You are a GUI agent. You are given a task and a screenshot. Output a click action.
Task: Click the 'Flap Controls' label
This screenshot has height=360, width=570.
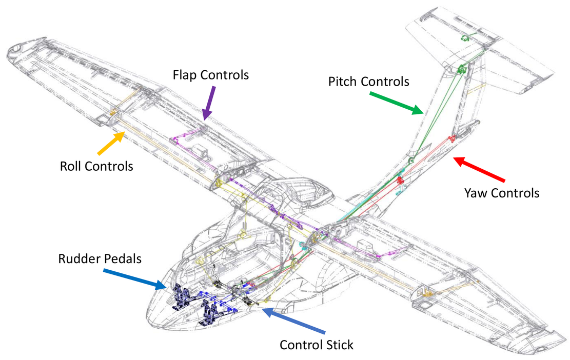click(210, 75)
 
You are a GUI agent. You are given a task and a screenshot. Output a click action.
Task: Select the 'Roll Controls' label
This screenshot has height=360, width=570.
click(96, 167)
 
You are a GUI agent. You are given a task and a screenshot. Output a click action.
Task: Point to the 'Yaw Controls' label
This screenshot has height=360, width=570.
click(502, 193)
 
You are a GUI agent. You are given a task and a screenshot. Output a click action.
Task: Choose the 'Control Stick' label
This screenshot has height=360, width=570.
click(317, 345)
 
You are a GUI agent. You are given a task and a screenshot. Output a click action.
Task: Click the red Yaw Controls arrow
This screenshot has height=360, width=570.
click(480, 169)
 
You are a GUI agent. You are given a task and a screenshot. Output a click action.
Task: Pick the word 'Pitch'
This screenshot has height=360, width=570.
click(343, 82)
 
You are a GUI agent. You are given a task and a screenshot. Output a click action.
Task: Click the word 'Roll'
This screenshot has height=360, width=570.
click(71, 167)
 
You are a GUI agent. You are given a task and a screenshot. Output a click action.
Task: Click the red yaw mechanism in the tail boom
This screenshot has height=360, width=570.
click(451, 138)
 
